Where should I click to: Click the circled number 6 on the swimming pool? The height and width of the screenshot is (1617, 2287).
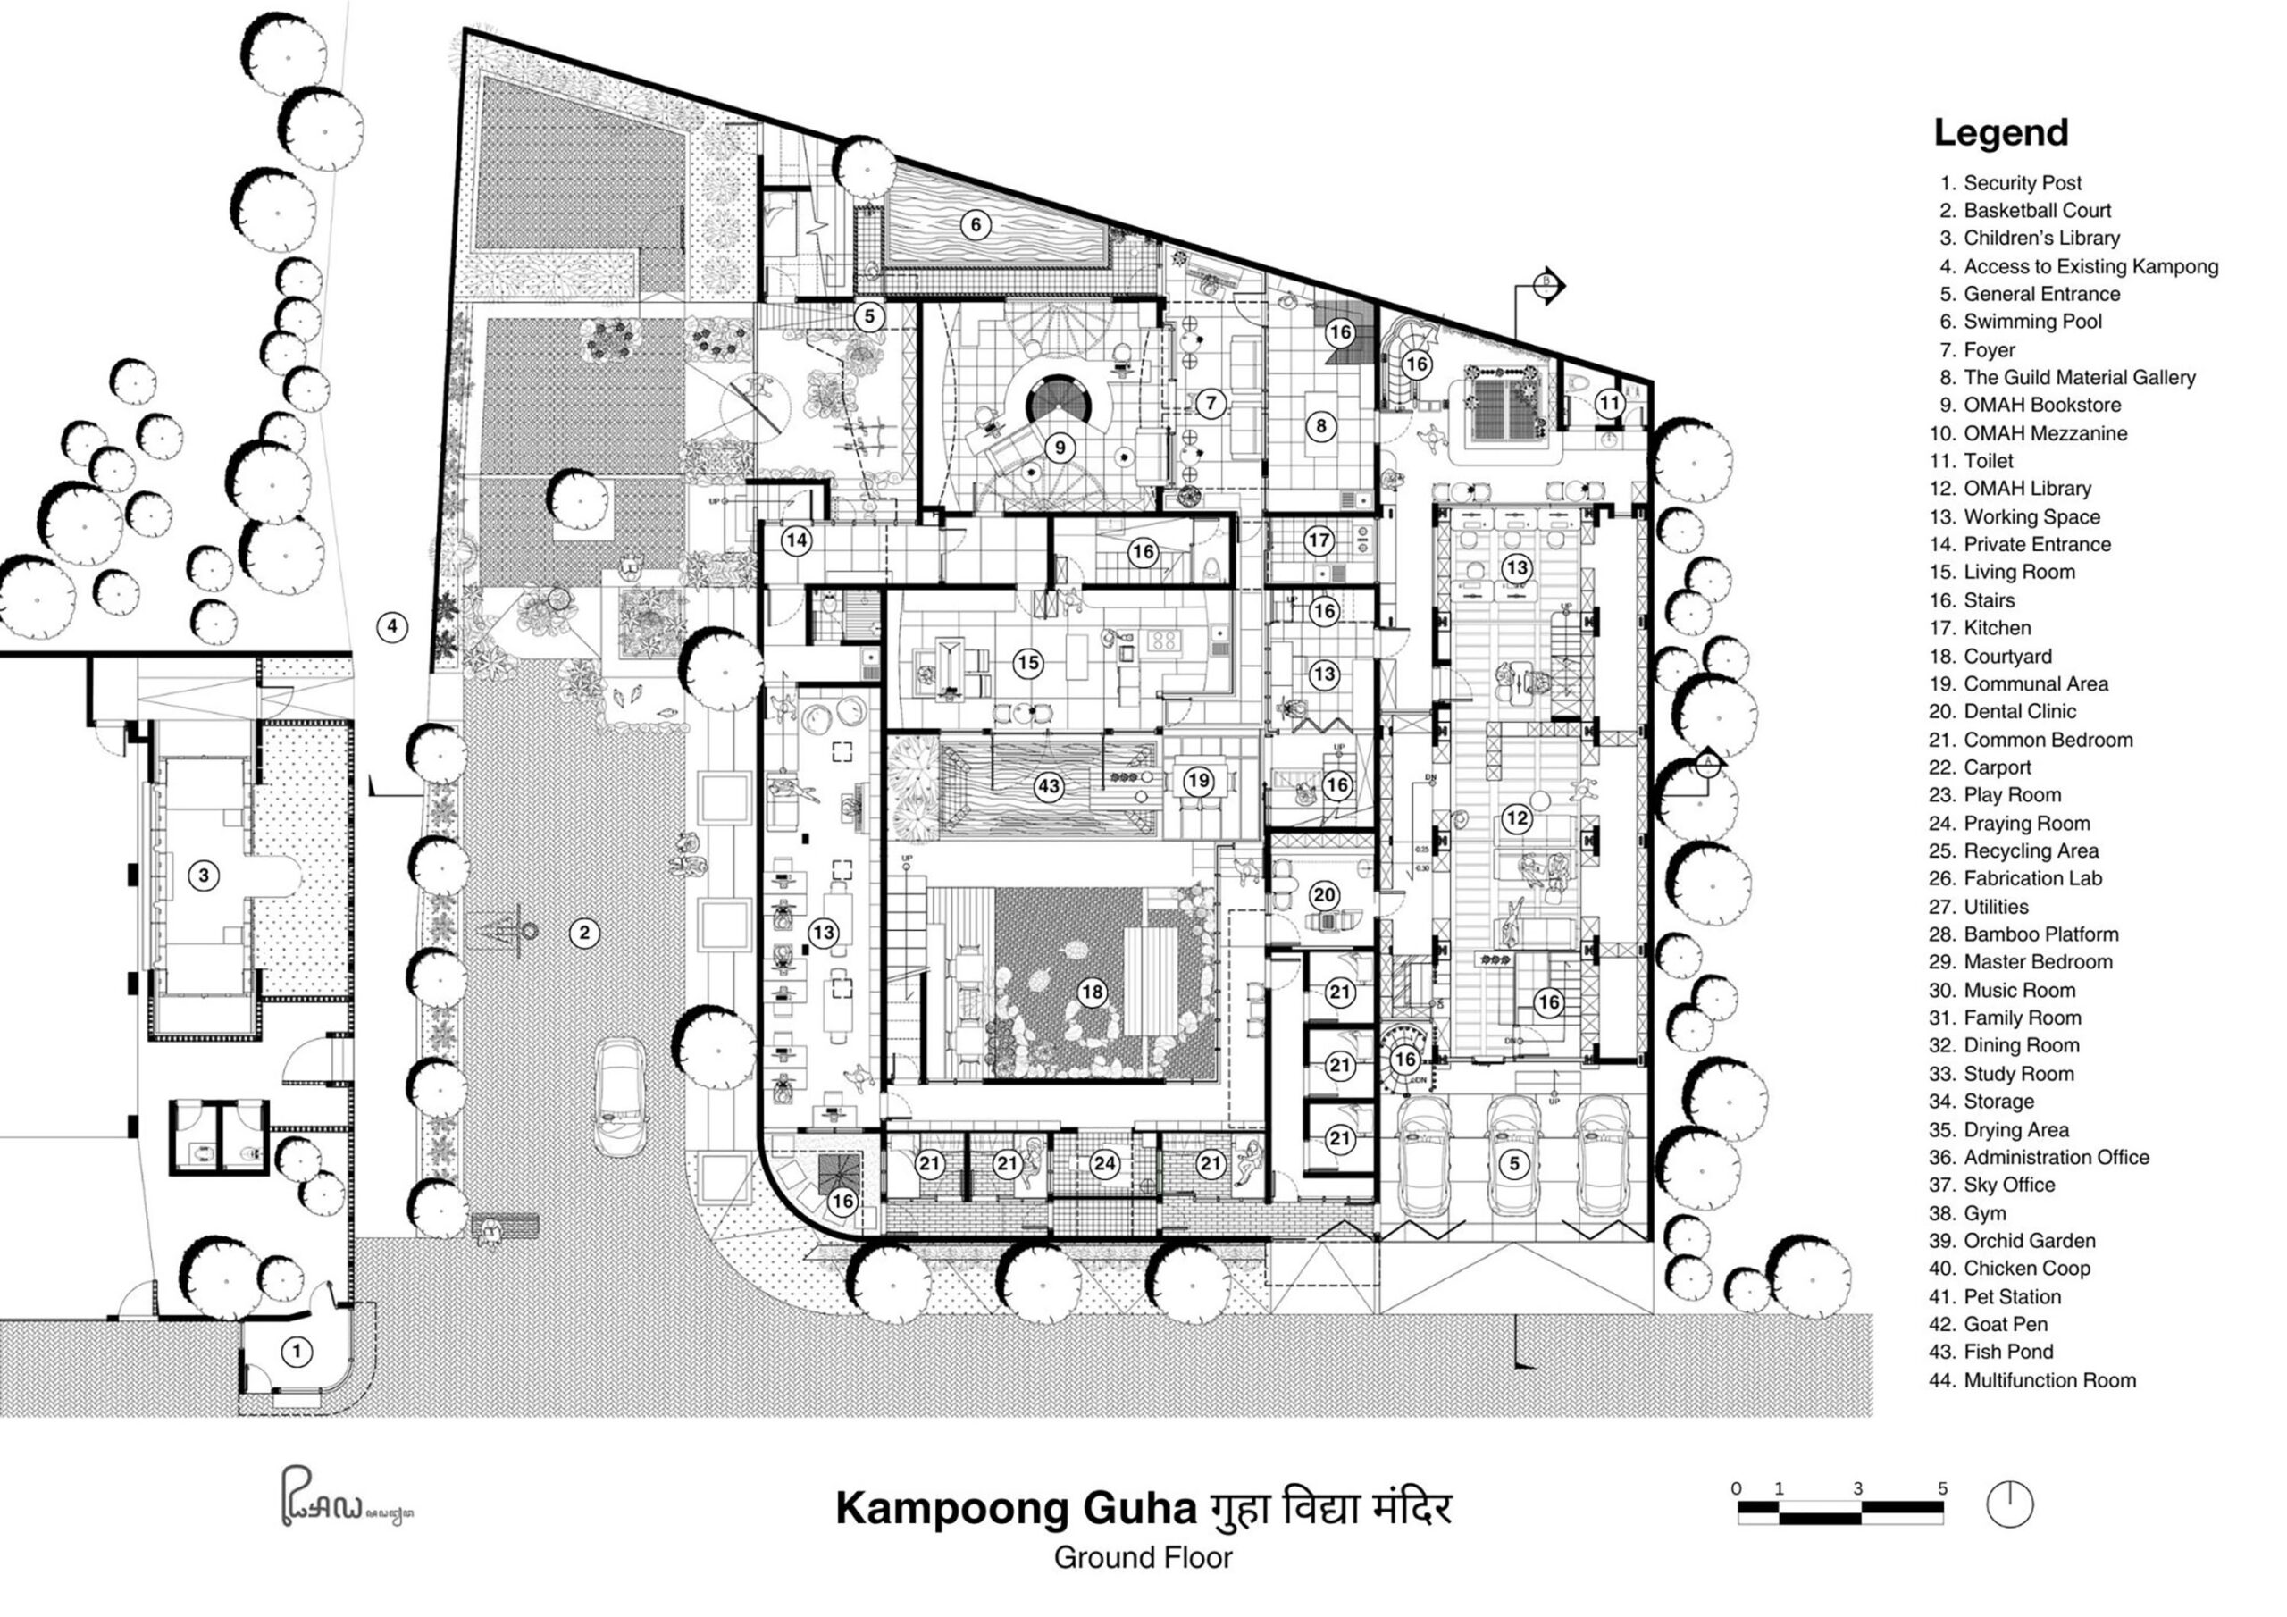(x=976, y=224)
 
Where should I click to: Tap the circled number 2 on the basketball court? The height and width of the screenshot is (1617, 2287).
(x=584, y=933)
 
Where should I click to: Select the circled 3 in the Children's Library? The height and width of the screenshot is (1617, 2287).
(x=203, y=876)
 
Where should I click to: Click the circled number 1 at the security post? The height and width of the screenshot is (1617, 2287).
(x=296, y=1352)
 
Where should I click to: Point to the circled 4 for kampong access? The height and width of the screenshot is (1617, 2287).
(x=392, y=626)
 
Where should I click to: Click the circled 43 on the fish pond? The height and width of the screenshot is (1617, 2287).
(x=1048, y=786)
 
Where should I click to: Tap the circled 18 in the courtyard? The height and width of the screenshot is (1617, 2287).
(x=1093, y=992)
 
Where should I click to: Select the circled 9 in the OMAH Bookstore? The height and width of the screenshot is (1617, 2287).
(x=1060, y=448)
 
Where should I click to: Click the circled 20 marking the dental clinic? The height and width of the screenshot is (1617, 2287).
(x=1324, y=894)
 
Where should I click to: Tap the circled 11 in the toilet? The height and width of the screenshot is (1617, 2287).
(x=1610, y=404)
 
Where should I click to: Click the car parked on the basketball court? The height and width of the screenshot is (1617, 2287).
(x=621, y=1098)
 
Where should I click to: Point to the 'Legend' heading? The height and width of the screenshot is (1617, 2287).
(x=2000, y=132)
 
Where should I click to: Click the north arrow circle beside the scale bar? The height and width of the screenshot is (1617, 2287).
(x=2009, y=1504)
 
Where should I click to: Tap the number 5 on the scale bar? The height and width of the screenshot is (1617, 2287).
(x=1941, y=1488)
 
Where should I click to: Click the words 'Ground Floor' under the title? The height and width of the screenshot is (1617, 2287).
(x=1143, y=1557)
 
